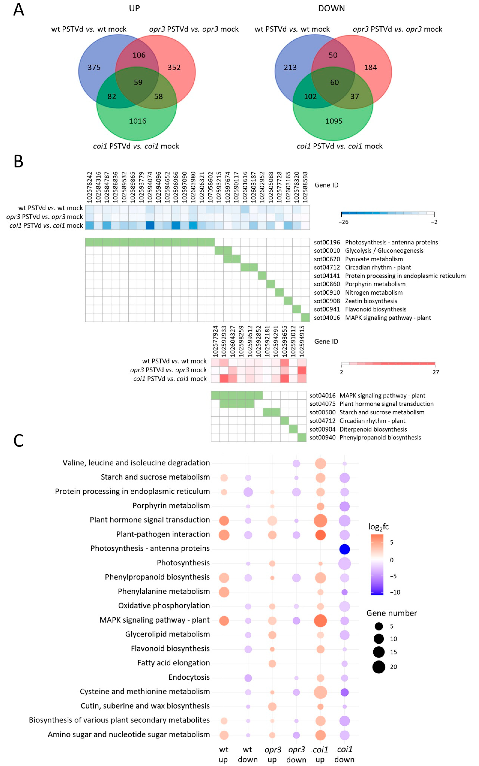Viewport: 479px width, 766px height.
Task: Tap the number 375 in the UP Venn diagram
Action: (x=94, y=67)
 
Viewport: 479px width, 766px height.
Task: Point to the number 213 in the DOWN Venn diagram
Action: (x=290, y=67)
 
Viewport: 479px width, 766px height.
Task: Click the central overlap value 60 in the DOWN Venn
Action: (x=335, y=82)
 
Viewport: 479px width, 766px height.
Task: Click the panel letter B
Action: (x=18, y=162)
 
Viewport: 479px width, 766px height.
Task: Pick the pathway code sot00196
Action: (x=327, y=242)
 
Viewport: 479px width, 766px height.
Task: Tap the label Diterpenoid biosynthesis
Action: (x=373, y=429)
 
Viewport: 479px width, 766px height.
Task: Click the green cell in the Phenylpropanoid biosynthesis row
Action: (x=302, y=437)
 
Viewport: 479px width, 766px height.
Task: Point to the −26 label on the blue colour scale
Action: (x=343, y=222)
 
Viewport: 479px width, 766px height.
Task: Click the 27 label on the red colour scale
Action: (x=436, y=372)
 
